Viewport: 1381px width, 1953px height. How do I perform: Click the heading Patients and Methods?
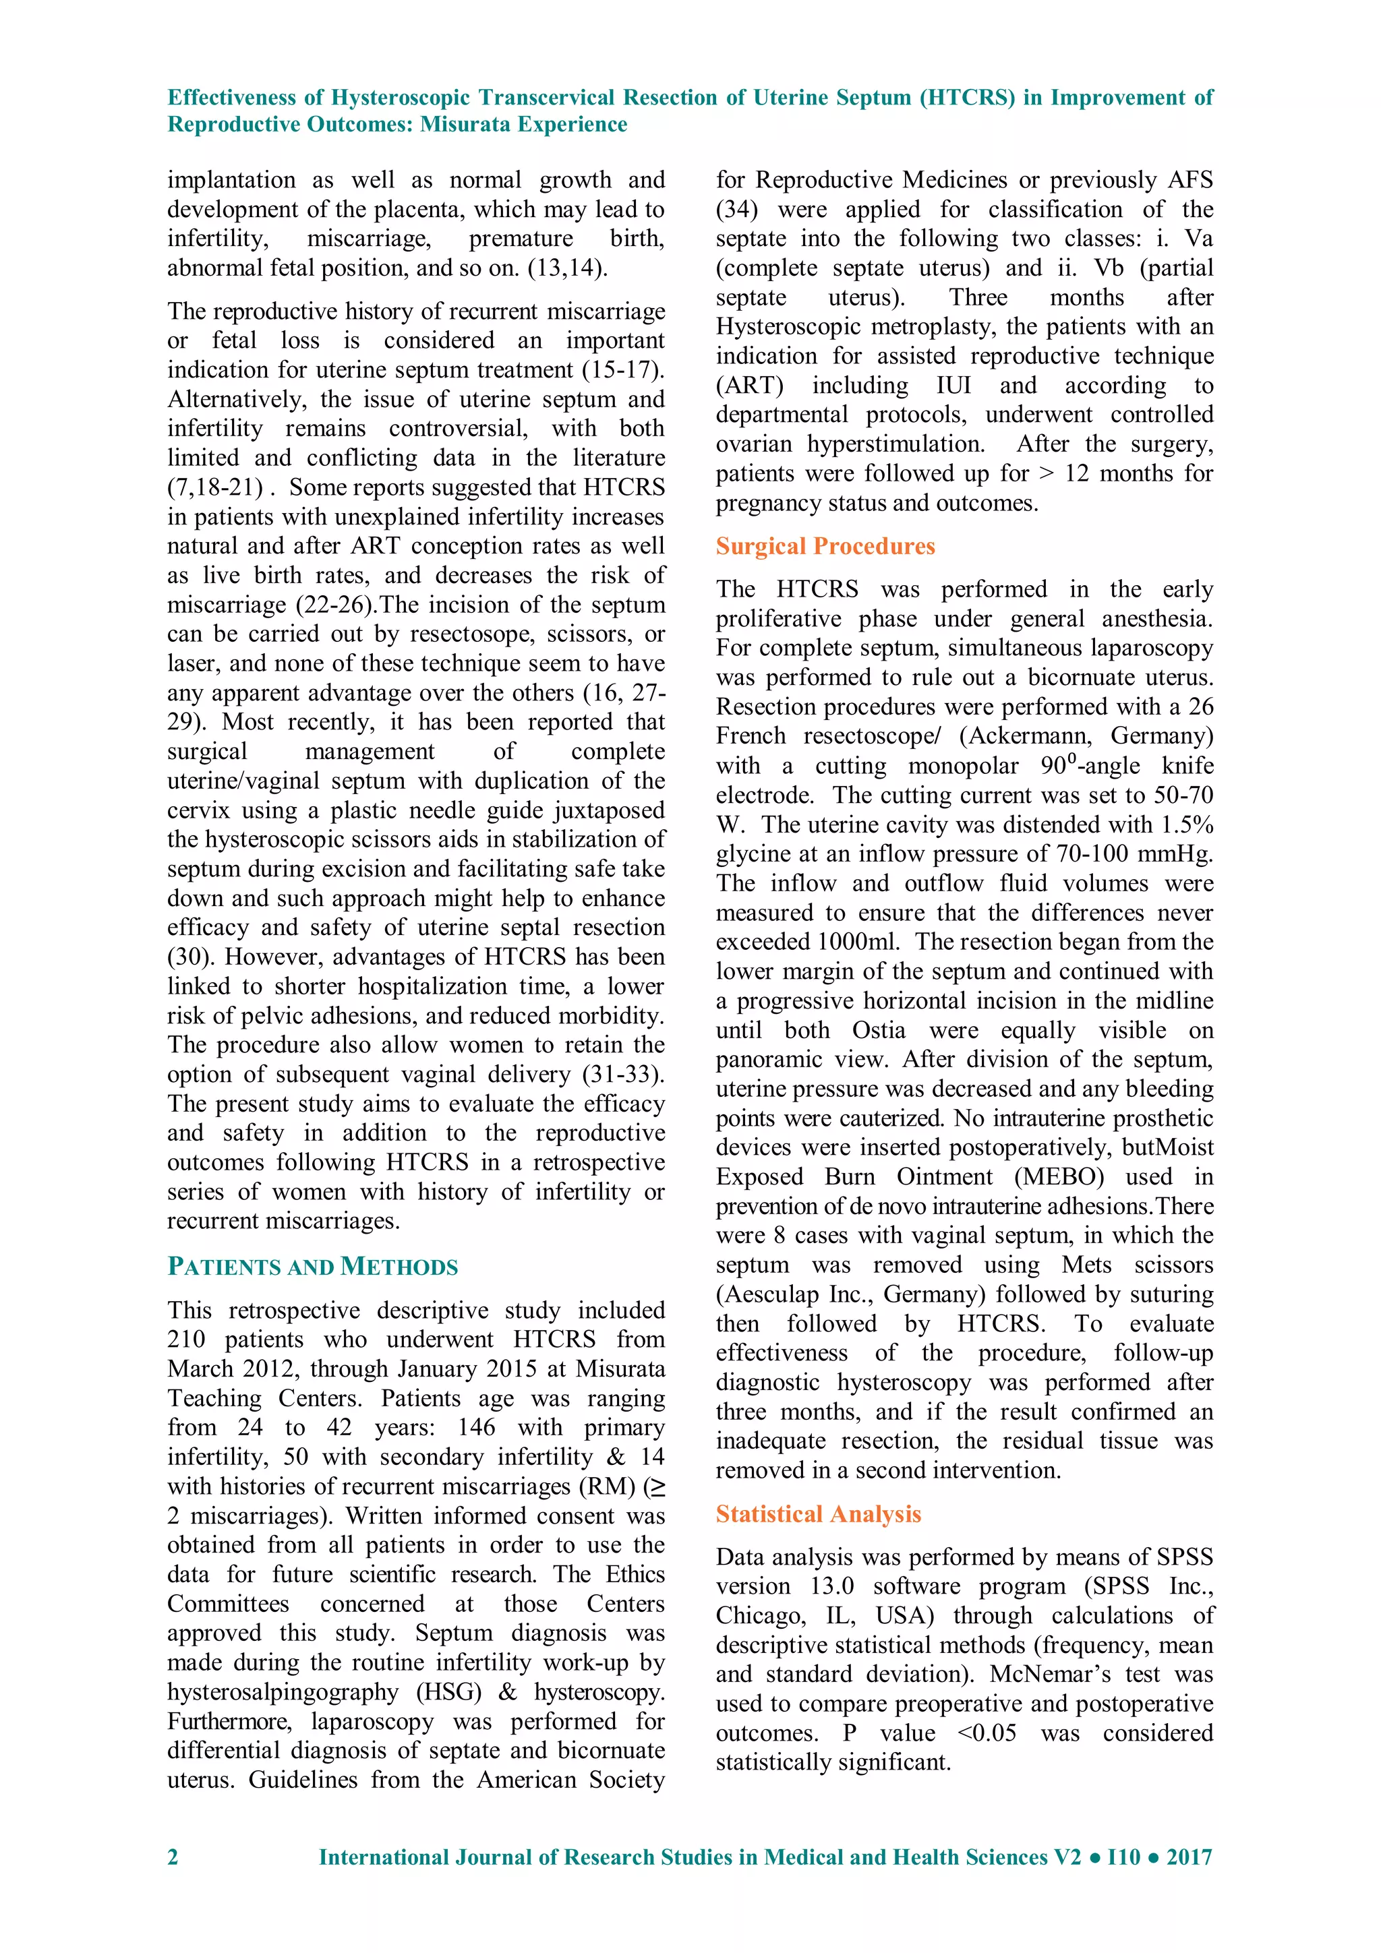tap(312, 1267)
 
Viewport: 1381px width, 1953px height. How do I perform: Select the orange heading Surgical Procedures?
tap(825, 546)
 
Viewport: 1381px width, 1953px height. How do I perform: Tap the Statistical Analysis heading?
tap(818, 1514)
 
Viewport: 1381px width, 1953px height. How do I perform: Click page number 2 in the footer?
tap(173, 1857)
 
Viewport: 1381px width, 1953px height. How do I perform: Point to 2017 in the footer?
tap(1189, 1857)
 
